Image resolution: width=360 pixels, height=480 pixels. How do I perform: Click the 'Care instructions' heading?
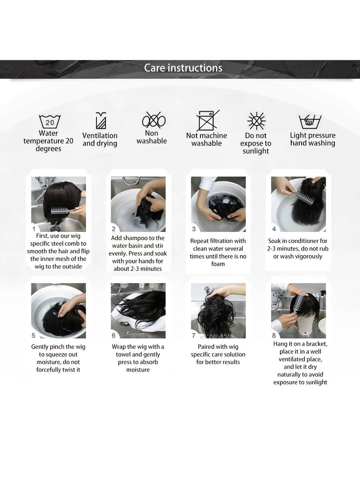183,68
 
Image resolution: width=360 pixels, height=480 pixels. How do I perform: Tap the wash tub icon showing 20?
50,121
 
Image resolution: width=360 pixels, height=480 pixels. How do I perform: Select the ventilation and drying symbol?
101,120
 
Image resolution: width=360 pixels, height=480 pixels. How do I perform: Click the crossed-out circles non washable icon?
154,120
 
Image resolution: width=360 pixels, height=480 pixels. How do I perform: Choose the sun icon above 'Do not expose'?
256,121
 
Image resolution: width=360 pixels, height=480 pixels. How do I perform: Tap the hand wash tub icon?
310,121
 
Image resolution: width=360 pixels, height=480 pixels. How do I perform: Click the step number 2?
114,229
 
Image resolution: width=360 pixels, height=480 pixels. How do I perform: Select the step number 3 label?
194,229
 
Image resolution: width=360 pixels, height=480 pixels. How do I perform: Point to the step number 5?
34,336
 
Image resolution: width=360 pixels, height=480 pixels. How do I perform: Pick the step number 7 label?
194,336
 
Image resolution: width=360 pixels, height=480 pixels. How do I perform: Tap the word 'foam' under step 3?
218,264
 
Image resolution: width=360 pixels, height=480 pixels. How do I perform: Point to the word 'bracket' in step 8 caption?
316,344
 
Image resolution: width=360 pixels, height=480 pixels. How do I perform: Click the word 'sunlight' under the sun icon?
256,151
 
